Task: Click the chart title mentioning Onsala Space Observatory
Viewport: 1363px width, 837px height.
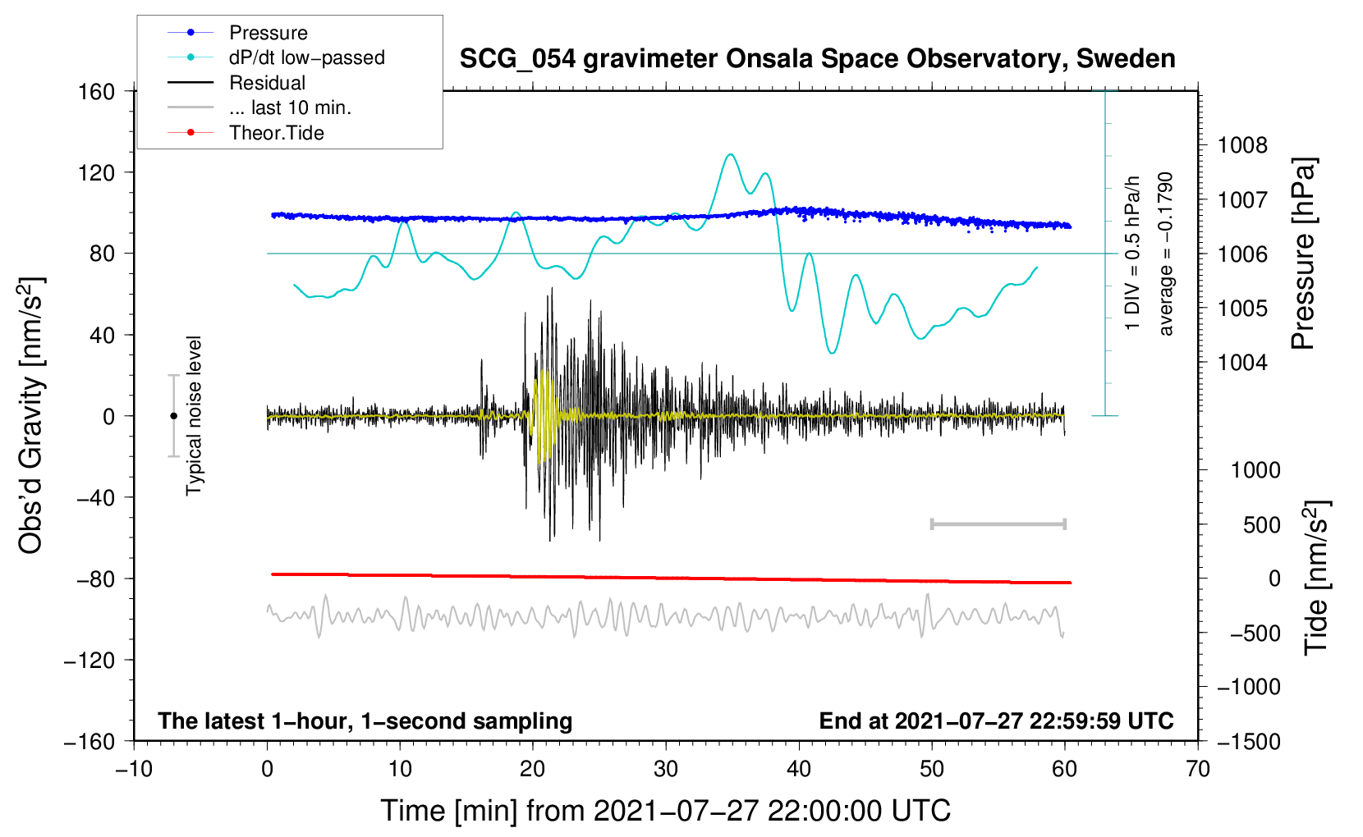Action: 817,59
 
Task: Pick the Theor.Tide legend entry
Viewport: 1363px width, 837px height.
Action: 277,133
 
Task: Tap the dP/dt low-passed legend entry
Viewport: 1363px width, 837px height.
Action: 306,57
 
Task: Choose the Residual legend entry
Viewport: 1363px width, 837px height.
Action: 267,83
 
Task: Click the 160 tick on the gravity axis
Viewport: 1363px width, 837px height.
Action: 97,91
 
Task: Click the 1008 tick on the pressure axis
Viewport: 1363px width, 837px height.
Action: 1242,146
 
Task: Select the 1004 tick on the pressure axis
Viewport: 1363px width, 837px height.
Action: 1242,363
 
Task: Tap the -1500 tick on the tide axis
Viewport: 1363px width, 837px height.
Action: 1248,741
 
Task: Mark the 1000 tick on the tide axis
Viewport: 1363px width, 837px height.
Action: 1255,470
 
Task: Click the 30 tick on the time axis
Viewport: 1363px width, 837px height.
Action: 666,769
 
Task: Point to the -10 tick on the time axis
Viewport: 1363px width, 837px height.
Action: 134,769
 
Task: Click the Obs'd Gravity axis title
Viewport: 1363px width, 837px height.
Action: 31,415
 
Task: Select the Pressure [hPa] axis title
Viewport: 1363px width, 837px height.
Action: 1303,254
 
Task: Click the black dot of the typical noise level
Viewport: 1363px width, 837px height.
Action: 173,416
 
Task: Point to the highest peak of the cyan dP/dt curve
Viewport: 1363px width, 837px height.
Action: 730,154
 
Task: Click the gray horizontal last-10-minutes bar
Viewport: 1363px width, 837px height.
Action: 998,524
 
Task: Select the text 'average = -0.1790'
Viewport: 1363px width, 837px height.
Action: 1166,254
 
